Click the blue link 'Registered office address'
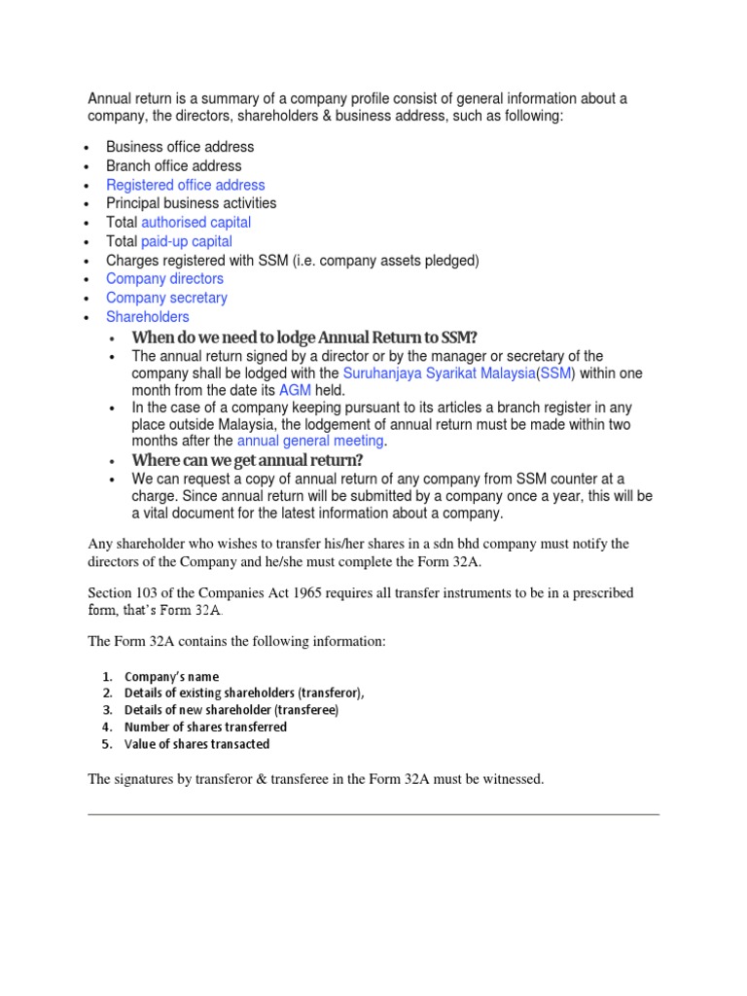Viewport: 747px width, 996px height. [185, 185]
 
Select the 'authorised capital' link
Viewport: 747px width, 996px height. [196, 223]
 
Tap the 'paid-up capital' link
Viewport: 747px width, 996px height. [187, 241]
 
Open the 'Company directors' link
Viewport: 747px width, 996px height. [164, 279]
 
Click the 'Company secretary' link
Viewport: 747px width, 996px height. [166, 298]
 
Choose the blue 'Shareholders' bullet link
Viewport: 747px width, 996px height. [148, 317]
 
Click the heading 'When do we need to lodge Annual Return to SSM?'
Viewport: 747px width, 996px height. [304, 338]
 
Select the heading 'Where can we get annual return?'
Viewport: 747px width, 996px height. [248, 460]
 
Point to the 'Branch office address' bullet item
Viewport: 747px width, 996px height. [174, 166]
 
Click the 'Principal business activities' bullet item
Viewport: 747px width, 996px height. [192, 203]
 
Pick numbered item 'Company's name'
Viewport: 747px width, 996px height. [172, 676]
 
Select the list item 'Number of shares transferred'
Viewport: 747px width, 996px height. [205, 727]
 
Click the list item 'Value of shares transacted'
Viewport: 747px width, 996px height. [197, 744]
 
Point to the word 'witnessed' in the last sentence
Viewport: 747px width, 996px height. [512, 779]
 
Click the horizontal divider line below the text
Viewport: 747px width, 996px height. [373, 814]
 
